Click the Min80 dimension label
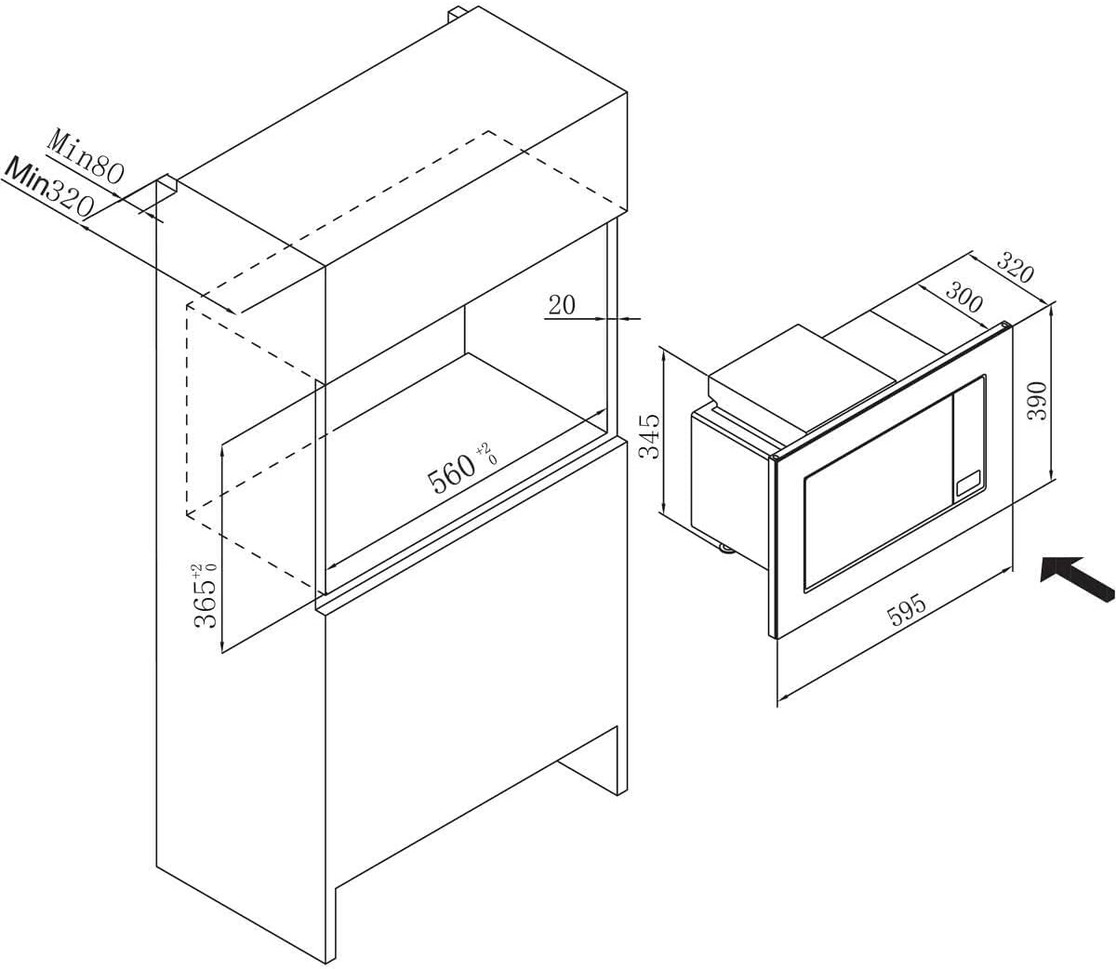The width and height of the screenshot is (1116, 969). click(x=87, y=156)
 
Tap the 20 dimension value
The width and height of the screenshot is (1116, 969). click(x=562, y=305)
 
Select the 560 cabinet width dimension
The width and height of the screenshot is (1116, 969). click(x=452, y=471)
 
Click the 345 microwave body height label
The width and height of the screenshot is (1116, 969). click(x=649, y=436)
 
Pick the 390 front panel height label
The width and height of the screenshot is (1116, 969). click(x=1037, y=400)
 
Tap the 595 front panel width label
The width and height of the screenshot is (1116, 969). click(x=907, y=610)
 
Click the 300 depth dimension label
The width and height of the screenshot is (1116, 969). click(x=963, y=298)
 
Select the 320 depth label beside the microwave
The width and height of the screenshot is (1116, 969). click(x=1015, y=268)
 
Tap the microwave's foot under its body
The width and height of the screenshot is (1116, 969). click(x=726, y=548)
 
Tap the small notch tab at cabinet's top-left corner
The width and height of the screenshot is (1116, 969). click(x=167, y=185)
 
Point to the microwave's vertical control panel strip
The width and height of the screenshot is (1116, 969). click(x=969, y=438)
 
